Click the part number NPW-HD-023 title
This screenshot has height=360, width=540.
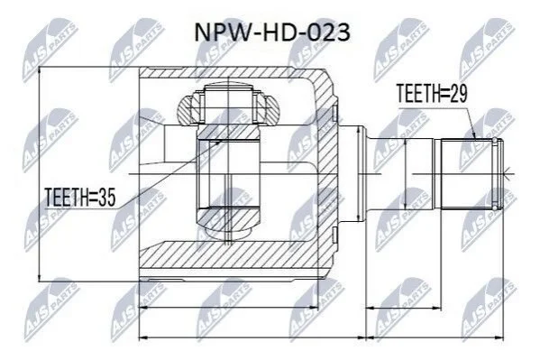[272, 33]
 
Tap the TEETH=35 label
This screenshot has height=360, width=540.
[80, 198]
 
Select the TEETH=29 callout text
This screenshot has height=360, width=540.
[432, 94]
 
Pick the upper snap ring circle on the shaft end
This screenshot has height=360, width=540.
[495, 141]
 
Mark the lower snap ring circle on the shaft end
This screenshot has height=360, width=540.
[495, 208]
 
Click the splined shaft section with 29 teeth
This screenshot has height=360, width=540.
[468, 174]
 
